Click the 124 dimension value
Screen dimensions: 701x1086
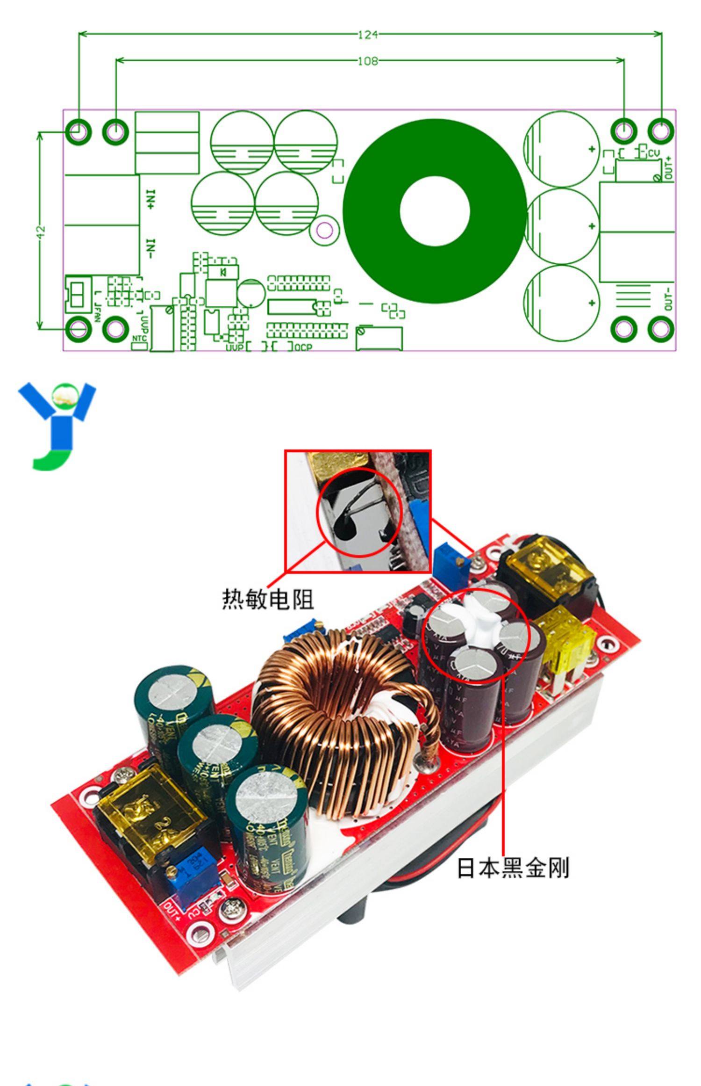click(367, 35)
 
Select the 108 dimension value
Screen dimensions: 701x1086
click(367, 61)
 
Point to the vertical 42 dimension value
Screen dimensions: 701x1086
click(41, 231)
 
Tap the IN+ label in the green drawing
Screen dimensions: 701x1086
click(151, 199)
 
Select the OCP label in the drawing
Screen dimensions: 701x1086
click(303, 347)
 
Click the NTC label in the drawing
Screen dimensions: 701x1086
click(139, 338)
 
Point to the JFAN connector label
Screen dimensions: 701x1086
click(97, 311)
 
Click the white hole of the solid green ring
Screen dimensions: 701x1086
click(434, 211)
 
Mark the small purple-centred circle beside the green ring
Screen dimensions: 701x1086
click(325, 230)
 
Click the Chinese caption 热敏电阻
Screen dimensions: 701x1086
click(267, 600)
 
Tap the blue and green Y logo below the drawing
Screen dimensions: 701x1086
click(56, 426)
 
